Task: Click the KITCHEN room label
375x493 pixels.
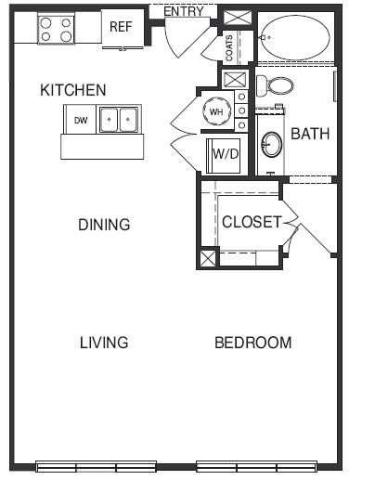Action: pyautogui.click(x=73, y=90)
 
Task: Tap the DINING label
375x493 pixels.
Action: pyautogui.click(x=104, y=225)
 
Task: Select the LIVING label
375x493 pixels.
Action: pyautogui.click(x=104, y=343)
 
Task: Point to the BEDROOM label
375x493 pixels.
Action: pyautogui.click(x=253, y=343)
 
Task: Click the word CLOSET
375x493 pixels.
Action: pyautogui.click(x=252, y=222)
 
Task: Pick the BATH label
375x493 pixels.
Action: pyautogui.click(x=310, y=134)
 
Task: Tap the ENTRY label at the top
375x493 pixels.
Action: pyautogui.click(x=184, y=12)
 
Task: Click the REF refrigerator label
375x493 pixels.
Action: pyautogui.click(x=121, y=27)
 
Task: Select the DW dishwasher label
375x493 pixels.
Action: pyautogui.click(x=81, y=120)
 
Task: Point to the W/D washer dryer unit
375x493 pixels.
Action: pyautogui.click(x=224, y=156)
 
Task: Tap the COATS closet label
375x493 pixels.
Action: pyautogui.click(x=229, y=47)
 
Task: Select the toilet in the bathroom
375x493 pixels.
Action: pyautogui.click(x=275, y=85)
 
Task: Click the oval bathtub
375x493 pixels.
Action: pyautogui.click(x=295, y=37)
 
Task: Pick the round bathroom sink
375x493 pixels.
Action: pyautogui.click(x=272, y=145)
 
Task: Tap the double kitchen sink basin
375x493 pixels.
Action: pyautogui.click(x=119, y=120)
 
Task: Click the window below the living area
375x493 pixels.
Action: pyautogui.click(x=96, y=467)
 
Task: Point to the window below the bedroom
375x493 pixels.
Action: pyautogui.click(x=256, y=467)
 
